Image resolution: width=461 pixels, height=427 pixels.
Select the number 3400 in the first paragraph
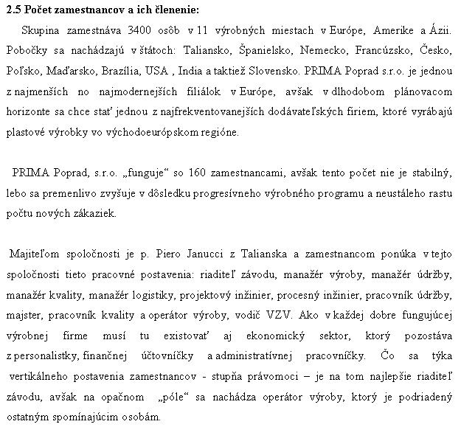click(x=139, y=31)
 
